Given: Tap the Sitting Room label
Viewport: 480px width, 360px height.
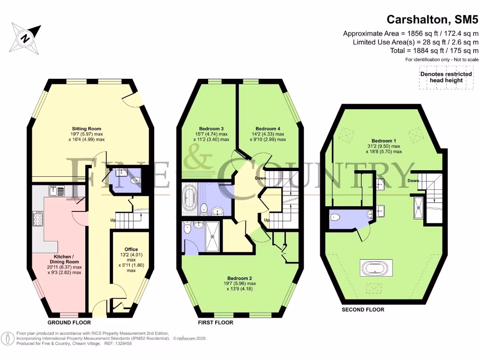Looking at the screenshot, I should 86,128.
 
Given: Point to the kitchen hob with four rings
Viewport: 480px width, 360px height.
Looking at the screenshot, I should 38,219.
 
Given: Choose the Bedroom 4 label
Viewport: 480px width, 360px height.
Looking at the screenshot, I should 268,128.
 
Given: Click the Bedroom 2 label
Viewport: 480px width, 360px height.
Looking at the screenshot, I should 240,278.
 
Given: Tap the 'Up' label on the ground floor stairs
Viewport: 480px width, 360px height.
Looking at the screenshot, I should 113,220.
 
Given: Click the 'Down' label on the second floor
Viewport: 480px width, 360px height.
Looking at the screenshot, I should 412,181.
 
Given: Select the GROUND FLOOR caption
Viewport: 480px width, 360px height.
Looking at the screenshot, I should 69,322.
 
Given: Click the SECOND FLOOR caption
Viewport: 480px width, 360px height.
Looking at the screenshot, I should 363,309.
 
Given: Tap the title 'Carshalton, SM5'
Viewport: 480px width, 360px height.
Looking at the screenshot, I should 432,20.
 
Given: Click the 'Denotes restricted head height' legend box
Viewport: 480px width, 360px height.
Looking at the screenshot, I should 441,77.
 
